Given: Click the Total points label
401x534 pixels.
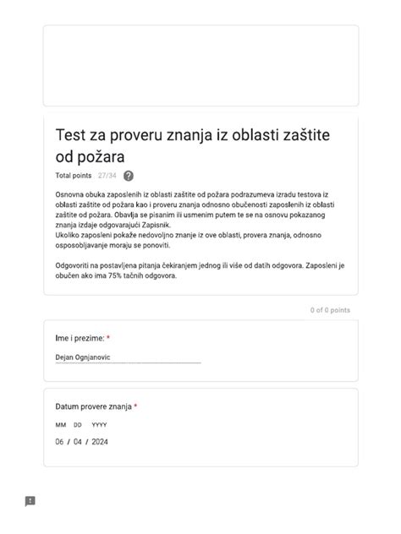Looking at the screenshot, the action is (74, 176).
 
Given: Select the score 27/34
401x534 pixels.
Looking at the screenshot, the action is (107, 176).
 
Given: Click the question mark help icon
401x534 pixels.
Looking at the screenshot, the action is (129, 176).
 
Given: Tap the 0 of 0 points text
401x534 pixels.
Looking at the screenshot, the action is (330, 310).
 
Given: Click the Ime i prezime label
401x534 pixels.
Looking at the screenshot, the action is (80, 338).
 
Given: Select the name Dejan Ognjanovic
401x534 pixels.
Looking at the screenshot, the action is (83, 357).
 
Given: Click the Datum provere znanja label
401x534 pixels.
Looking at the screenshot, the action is (93, 406).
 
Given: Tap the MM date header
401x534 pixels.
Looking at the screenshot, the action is (61, 425).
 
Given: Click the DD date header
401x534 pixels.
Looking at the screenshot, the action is (78, 425).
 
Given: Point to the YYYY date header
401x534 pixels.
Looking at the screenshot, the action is (99, 425).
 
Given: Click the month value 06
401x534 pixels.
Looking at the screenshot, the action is (60, 442).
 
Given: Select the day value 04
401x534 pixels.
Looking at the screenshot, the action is (78, 442).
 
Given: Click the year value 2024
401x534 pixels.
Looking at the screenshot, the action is (100, 442).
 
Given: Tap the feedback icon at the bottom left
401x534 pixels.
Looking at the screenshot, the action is (30, 501).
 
